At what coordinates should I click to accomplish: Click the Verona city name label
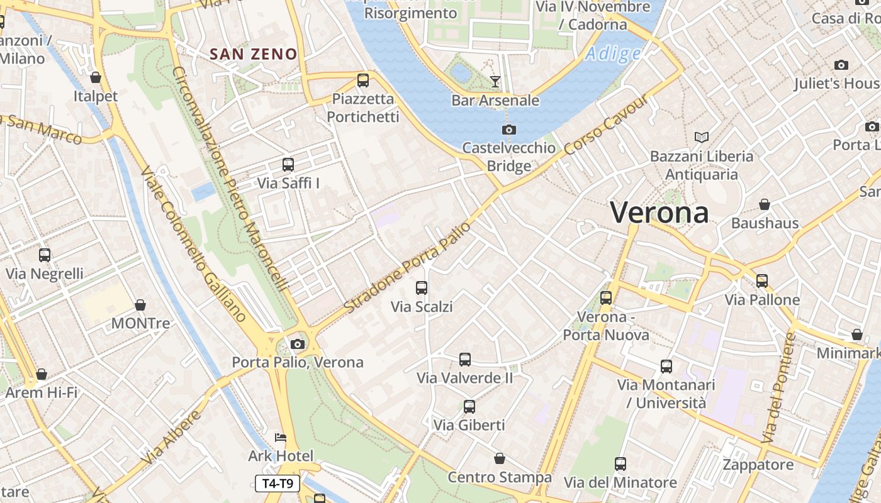659,213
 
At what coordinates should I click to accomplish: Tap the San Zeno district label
254,54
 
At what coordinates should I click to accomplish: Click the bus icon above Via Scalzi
422,288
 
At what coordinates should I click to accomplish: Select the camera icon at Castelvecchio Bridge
509,130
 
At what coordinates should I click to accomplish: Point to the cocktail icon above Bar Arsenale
495,81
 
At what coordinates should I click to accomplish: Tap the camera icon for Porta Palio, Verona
298,344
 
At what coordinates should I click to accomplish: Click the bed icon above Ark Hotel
281,437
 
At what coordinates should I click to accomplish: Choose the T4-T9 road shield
278,484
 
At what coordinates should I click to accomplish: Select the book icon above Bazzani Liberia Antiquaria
702,136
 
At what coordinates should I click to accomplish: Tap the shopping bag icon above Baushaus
765,204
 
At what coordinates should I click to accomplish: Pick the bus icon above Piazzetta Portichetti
363,80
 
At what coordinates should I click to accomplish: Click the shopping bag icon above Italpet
96,77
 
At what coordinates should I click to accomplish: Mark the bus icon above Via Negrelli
45,255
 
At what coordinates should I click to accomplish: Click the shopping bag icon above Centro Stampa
500,458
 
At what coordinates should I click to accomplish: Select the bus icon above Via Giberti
469,406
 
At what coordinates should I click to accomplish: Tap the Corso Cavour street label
605,126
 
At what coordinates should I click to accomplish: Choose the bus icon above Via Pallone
762,280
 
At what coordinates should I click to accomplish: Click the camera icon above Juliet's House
841,65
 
